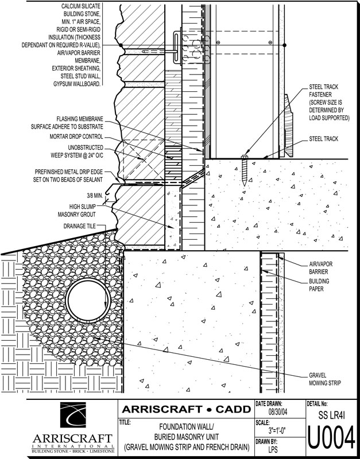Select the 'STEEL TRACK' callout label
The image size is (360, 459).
[323, 139]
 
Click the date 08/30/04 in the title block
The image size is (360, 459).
[276, 411]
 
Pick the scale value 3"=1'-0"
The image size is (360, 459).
[277, 429]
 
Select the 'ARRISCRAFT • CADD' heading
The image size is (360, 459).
[187, 409]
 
